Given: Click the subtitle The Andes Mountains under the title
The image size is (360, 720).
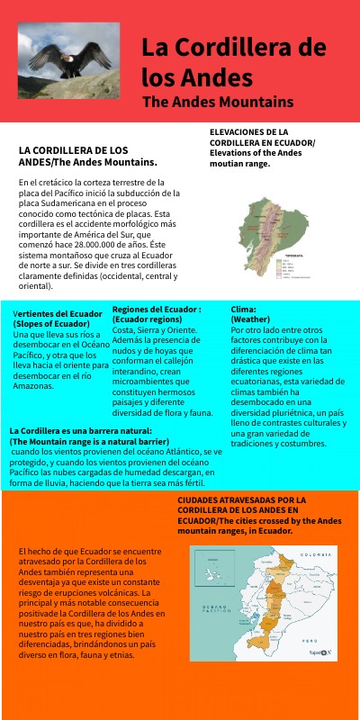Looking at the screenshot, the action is click(x=218, y=101).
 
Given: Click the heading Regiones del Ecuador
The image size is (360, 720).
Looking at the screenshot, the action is click(x=156, y=309).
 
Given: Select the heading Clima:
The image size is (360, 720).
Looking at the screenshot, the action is click(x=243, y=309).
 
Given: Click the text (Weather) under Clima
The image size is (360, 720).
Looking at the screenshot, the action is click(x=250, y=319).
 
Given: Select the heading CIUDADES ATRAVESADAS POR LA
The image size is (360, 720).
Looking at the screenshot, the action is click(x=241, y=499).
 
